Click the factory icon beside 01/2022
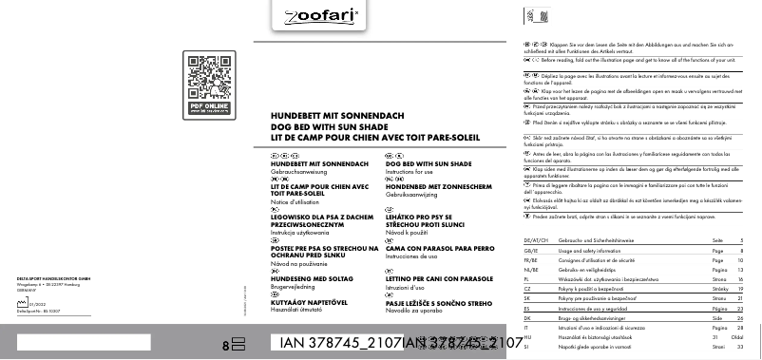point(24,304)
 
